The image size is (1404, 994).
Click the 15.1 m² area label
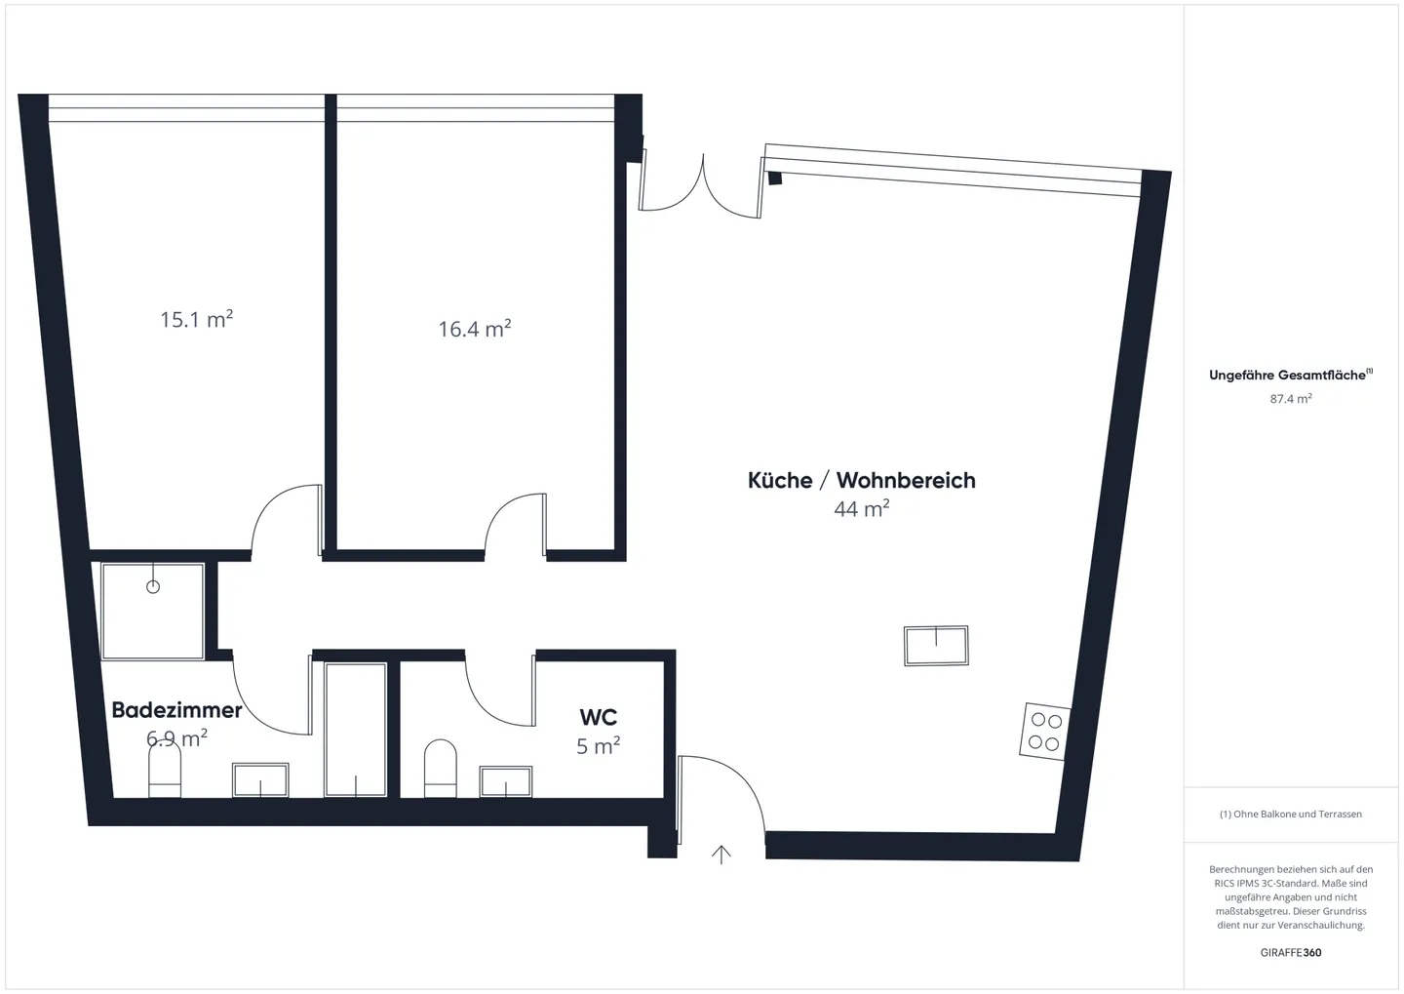point(196,319)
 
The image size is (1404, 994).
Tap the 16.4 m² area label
point(474,329)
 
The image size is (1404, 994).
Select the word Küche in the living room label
point(779,480)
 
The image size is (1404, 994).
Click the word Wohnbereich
point(906,480)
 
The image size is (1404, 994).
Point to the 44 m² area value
point(861,508)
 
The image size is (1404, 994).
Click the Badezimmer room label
point(176,710)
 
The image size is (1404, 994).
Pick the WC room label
point(598,718)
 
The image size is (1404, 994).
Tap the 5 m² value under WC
point(598,746)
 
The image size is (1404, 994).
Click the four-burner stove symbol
point(1045,731)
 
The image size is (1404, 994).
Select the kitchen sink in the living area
point(936,646)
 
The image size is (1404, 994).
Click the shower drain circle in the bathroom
point(153,586)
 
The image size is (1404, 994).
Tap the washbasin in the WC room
point(506,781)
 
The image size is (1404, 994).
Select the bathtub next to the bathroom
point(355,729)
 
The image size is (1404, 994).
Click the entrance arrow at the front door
point(721,855)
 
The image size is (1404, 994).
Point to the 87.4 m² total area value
point(1290,399)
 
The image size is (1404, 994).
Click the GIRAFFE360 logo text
point(1290,952)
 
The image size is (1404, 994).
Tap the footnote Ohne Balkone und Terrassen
point(1290,814)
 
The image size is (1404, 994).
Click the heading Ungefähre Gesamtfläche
point(1287,376)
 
